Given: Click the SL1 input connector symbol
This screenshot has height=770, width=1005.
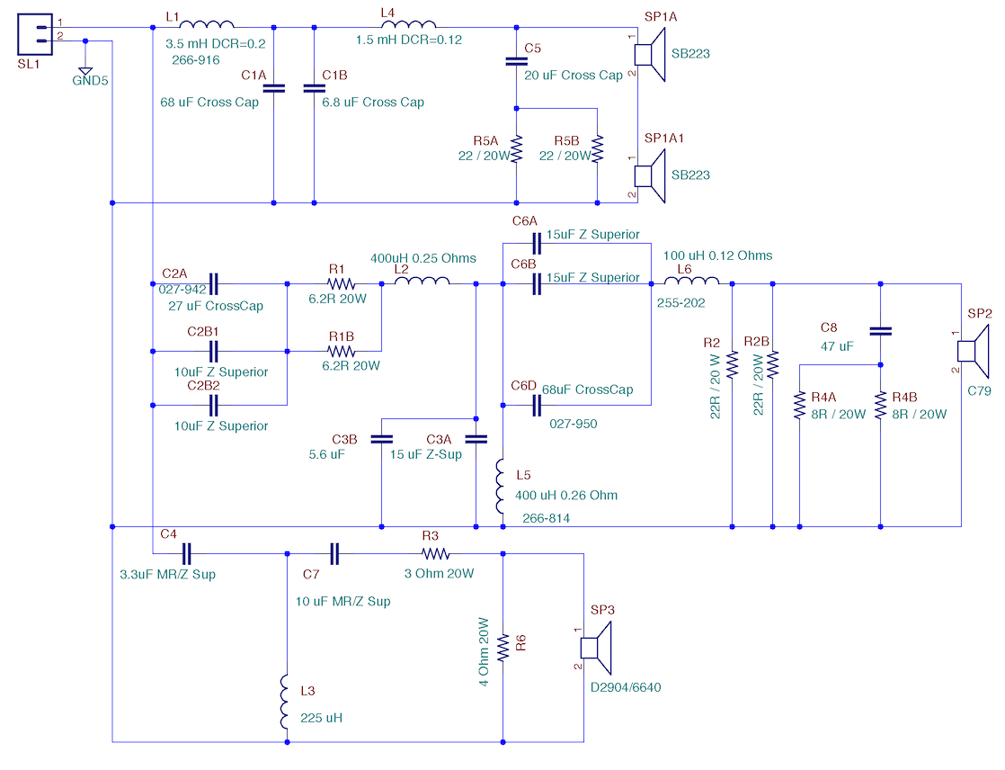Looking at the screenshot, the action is [35, 34].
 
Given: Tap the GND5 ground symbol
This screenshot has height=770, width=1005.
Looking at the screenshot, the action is [85, 71].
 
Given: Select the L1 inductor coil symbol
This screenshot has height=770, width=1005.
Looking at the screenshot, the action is [207, 24].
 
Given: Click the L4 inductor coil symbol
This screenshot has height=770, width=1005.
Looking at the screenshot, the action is [409, 24].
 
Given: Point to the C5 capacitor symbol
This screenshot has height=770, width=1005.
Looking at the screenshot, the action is [517, 61].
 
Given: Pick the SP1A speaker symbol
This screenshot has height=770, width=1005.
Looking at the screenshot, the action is [650, 55].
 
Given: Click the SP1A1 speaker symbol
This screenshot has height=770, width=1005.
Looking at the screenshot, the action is [650, 176].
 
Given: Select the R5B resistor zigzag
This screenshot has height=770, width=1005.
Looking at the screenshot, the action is [598, 148].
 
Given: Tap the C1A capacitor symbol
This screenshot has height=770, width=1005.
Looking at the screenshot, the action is [273, 88].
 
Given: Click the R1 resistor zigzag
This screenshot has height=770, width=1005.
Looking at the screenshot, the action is [341, 283].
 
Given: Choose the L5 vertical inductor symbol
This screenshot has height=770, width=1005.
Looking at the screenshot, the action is [501, 486].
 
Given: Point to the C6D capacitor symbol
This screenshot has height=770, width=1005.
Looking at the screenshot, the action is [538, 405].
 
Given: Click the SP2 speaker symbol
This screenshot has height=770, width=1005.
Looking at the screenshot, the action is [973, 352].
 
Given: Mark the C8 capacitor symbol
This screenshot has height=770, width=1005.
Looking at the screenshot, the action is [881, 331].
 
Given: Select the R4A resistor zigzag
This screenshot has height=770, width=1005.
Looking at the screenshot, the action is [799, 405].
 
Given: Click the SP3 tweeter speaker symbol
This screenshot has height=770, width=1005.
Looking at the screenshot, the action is [596, 649].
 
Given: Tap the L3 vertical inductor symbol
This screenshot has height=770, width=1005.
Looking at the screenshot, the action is [285, 702].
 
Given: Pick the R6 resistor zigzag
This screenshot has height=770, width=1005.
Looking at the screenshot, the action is [503, 648].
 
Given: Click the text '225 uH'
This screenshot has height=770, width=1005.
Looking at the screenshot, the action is [321, 718].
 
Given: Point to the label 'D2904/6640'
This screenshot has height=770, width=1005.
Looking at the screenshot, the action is [626, 687].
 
